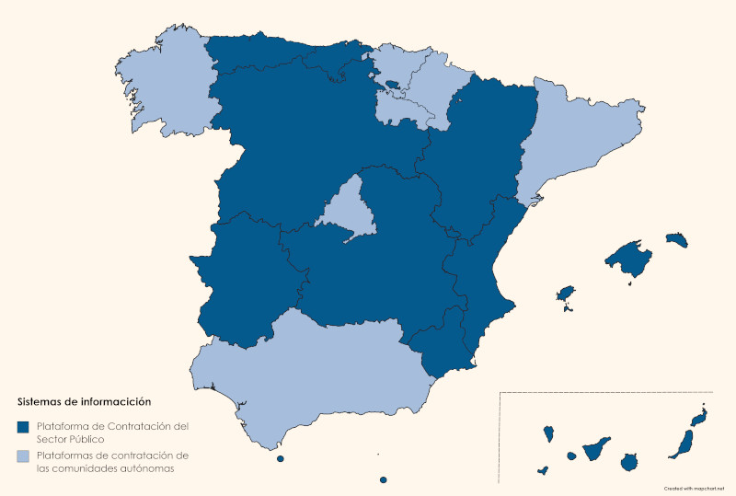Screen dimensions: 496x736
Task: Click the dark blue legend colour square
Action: coord(23,427)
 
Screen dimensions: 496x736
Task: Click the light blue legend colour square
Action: coord(23,456)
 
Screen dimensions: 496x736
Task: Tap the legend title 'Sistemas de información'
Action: coord(84,401)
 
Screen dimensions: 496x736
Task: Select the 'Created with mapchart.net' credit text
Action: coord(694,488)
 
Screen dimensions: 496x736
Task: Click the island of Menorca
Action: coord(677,239)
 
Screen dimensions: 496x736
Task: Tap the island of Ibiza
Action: coord(566,294)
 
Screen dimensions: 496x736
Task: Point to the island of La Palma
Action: coord(548,433)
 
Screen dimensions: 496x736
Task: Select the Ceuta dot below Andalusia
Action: coord(280,458)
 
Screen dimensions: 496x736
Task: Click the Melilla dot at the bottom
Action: coord(383,479)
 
